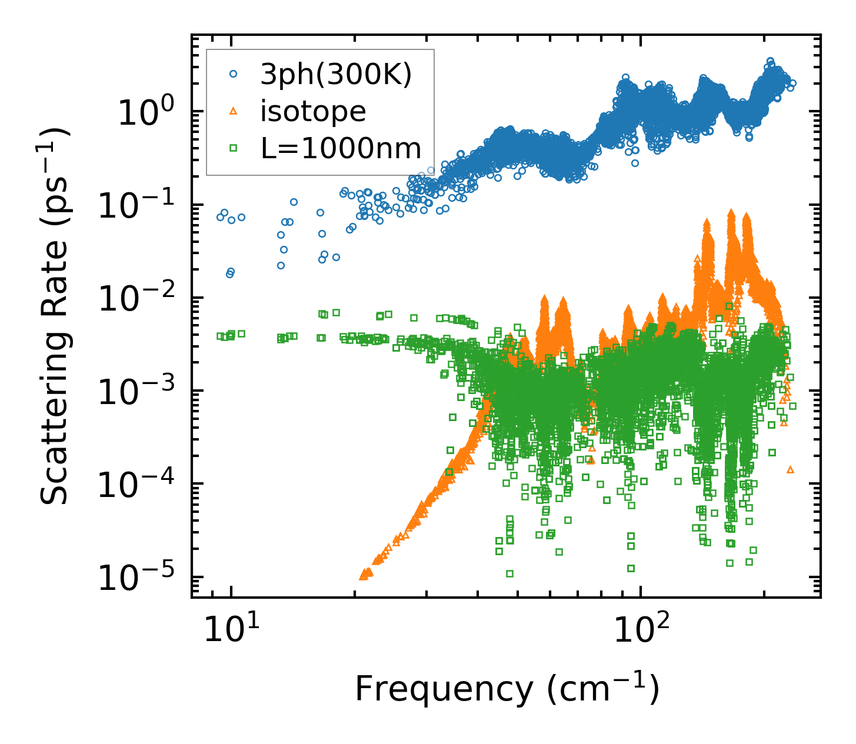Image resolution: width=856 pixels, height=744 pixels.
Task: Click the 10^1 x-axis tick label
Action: (231, 632)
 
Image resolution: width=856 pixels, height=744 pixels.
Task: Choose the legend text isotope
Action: (313, 111)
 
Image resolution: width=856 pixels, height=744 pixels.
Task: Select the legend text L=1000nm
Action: (341, 148)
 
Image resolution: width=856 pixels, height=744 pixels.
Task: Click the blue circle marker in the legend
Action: (233, 74)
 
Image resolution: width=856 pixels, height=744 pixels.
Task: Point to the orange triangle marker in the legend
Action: (233, 111)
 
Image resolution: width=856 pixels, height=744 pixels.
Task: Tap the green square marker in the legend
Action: (233, 148)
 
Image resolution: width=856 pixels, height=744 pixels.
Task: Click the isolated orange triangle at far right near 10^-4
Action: (790, 469)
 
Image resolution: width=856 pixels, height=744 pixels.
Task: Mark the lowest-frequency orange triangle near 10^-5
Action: (363, 575)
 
